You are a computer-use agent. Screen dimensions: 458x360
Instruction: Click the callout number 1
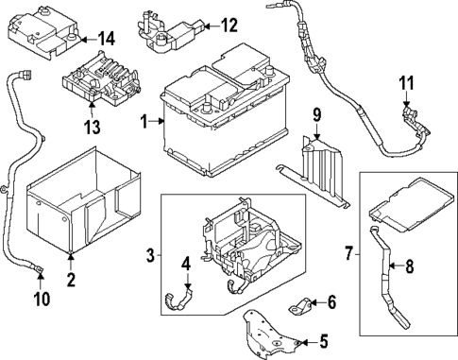pos(144,122)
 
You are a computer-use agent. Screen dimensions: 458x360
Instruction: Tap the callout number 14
pos(106,40)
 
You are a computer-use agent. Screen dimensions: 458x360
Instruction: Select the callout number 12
pos(229,26)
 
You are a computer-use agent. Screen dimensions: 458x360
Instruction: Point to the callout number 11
pos(406,83)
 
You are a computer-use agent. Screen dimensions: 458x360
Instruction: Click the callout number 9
pos(317,114)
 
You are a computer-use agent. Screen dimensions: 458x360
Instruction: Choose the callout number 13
pos(93,127)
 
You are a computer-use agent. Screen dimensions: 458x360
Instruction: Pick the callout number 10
pos(42,299)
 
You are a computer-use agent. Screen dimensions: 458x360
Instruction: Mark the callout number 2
pos(72,280)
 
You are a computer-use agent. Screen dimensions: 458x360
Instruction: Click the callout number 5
pos(323,341)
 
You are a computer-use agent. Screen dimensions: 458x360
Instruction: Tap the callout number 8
pos(409,266)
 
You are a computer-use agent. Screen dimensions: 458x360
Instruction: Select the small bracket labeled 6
pos(300,305)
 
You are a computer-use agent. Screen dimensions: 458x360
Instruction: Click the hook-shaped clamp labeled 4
pos(178,300)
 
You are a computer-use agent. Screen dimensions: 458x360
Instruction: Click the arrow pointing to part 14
pos(88,40)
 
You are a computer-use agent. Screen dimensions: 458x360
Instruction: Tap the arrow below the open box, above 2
pos(72,262)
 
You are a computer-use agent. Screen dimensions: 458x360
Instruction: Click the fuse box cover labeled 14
pos(43,31)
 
